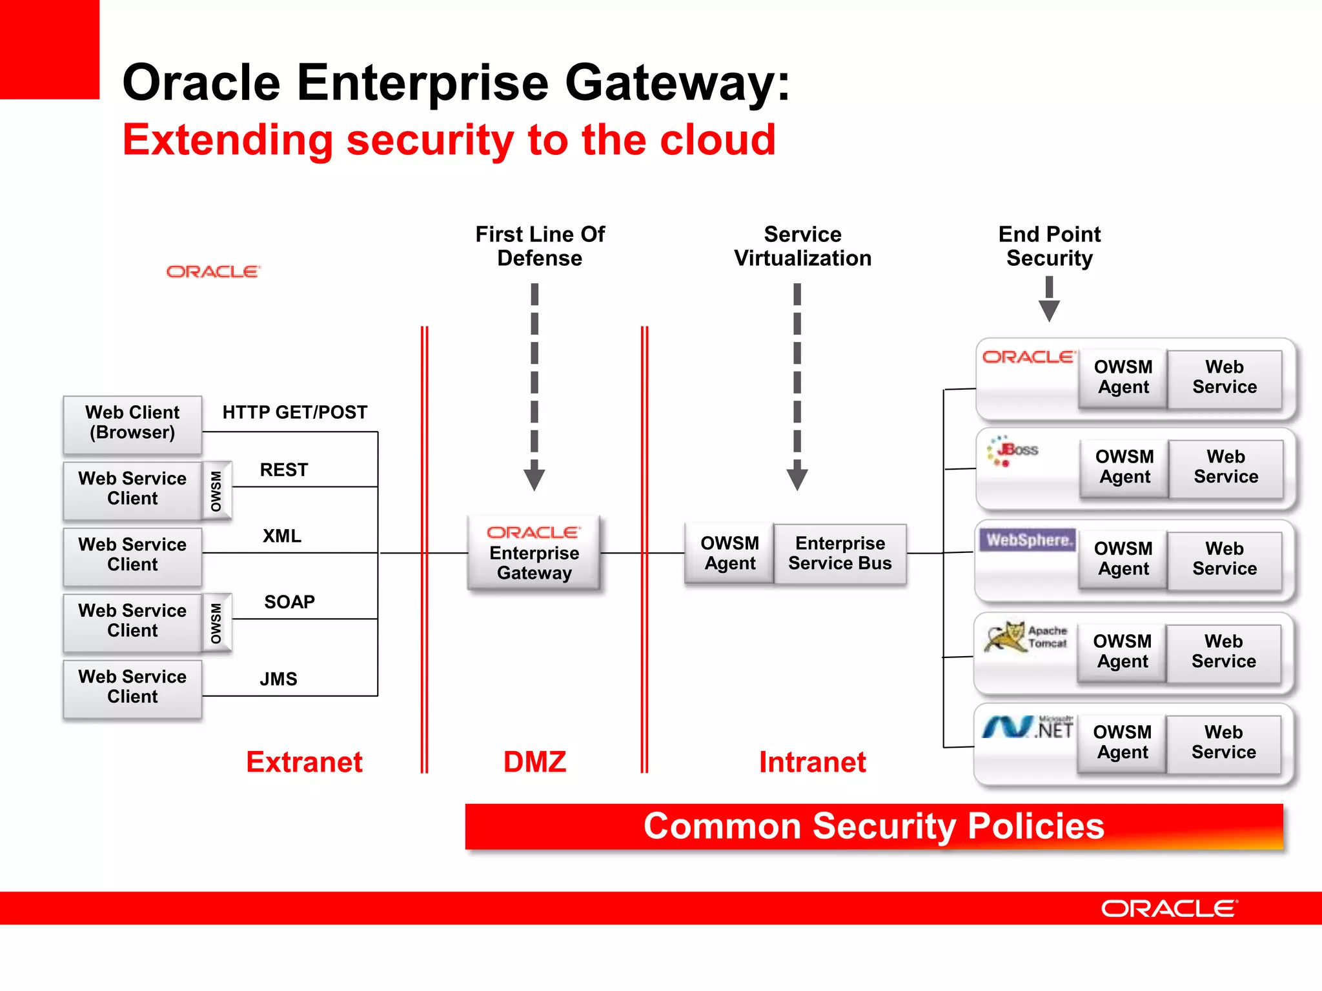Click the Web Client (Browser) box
(x=132, y=423)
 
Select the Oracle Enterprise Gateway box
(x=534, y=554)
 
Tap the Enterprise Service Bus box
(x=839, y=554)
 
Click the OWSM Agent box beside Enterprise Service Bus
(x=729, y=554)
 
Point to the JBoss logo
(x=1013, y=450)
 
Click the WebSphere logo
(x=1027, y=540)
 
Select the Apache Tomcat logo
(x=1025, y=637)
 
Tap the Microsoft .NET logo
(x=1027, y=728)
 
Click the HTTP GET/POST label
(x=294, y=412)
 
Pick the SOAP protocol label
(x=289, y=602)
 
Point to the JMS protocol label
(x=278, y=679)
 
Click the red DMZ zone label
(x=534, y=762)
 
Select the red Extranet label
(x=304, y=762)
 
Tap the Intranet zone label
(x=812, y=762)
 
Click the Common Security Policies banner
(x=873, y=826)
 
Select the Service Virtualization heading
(x=802, y=246)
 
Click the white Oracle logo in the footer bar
(x=1168, y=908)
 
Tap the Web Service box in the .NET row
(x=1223, y=743)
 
